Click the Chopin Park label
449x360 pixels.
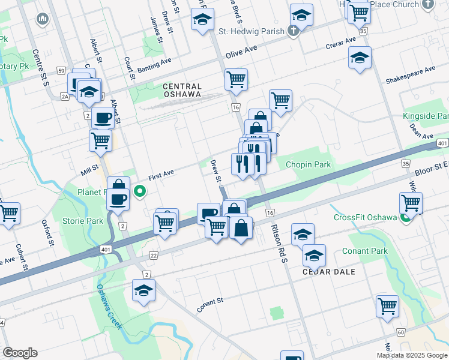pyautogui.click(x=308, y=164)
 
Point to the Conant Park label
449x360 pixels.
pyautogui.click(x=364, y=251)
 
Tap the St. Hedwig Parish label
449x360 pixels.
pyautogui.click(x=250, y=31)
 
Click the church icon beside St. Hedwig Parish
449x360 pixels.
pyautogui.click(x=292, y=31)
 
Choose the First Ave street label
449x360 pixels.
pyautogui.click(x=161, y=173)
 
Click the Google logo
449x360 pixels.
pyautogui.click(x=20, y=353)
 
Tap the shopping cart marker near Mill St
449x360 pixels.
pyautogui.click(x=100, y=140)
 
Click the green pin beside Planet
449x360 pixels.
pyautogui.click(x=140, y=192)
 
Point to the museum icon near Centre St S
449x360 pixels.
pyautogui.click(x=42, y=20)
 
